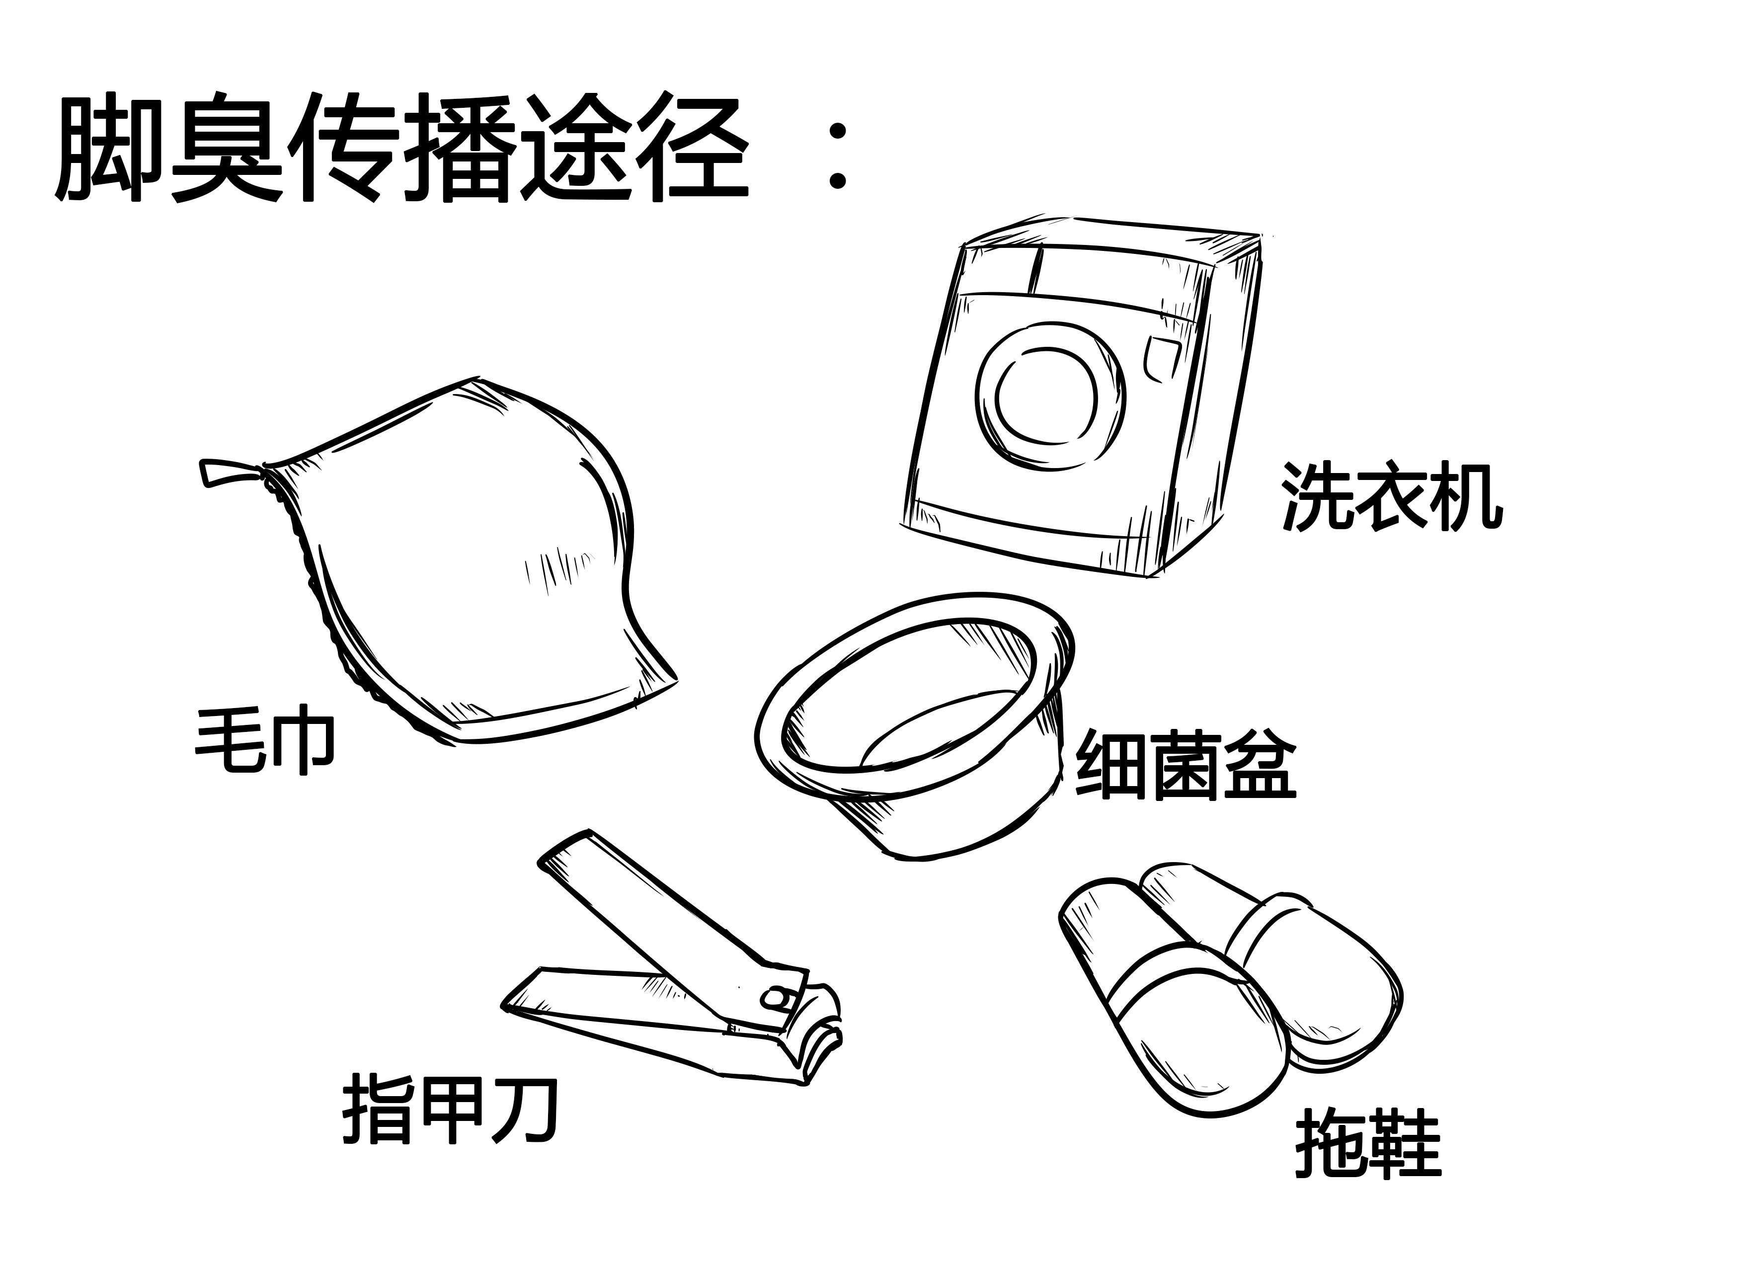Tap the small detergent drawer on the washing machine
1162,359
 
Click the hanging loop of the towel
228,472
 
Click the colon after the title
837,154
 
